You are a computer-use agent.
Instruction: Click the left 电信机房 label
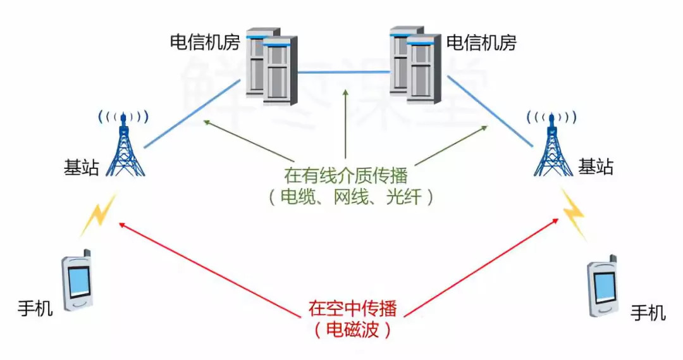click(x=204, y=42)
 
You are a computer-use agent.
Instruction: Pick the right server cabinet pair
click(x=414, y=63)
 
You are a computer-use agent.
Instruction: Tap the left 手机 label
click(x=35, y=310)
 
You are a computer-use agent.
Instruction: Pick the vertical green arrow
click(x=346, y=123)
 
